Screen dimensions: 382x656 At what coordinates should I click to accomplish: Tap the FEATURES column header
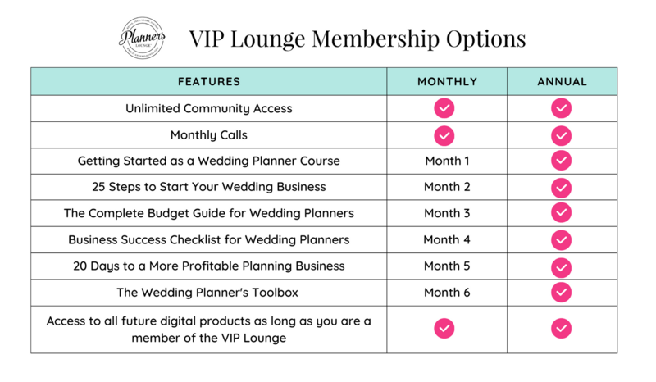(x=209, y=81)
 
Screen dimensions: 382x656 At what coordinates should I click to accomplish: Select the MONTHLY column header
(x=447, y=81)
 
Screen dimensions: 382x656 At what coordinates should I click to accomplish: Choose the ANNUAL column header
(x=562, y=81)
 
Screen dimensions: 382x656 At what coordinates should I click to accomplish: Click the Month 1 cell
(x=447, y=161)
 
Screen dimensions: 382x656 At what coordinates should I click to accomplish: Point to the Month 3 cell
(x=447, y=213)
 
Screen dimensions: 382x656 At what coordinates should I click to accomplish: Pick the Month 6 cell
(x=447, y=292)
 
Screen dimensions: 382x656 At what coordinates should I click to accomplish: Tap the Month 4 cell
(x=447, y=239)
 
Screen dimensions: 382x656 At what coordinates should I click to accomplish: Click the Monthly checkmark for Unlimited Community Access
(x=444, y=108)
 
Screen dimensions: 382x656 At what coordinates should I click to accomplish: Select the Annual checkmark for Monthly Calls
(x=561, y=135)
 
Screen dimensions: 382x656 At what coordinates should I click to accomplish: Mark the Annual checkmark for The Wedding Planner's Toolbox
(x=561, y=292)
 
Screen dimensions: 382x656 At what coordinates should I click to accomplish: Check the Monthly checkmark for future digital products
(x=444, y=329)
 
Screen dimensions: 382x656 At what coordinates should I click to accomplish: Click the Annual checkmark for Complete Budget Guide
(x=561, y=213)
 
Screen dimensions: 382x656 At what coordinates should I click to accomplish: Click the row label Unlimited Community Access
(x=209, y=108)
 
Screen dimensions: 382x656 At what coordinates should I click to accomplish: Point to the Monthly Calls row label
(x=209, y=134)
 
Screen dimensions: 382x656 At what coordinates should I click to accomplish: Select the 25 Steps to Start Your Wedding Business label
(x=209, y=187)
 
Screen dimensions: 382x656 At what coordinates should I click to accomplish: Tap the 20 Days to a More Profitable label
(x=209, y=266)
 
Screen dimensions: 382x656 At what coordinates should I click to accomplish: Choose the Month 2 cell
(x=447, y=187)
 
